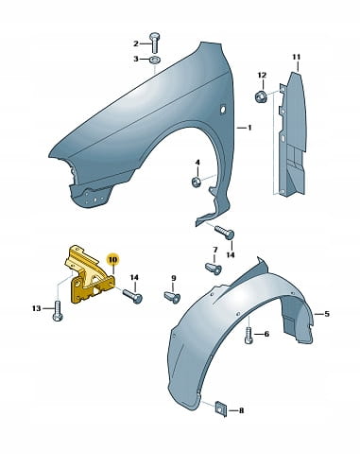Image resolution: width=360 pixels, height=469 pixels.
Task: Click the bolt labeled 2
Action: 154,43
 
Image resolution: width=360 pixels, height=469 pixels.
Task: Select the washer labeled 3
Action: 155,59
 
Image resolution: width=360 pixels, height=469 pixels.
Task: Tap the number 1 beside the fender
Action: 249,128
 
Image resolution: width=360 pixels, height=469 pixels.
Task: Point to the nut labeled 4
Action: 197,182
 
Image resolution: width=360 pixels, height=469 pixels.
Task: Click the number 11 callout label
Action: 297,57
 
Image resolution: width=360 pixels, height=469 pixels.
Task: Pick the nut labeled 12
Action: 261,96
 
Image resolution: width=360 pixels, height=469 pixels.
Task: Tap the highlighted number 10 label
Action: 112,260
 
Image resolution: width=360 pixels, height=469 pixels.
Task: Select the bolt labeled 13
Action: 58,311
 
